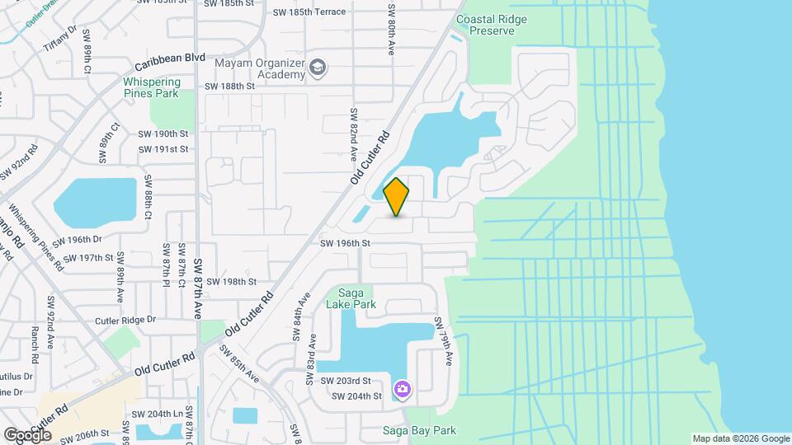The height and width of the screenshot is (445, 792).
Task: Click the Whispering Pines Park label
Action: pyautogui.click(x=151, y=87)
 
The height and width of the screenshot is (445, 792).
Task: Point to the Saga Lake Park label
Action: pyautogui.click(x=353, y=298)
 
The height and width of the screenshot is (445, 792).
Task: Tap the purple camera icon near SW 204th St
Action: pyautogui.click(x=403, y=388)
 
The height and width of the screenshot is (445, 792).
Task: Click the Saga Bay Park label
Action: pyautogui.click(x=419, y=430)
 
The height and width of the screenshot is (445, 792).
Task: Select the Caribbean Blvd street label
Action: pyautogui.click(x=170, y=59)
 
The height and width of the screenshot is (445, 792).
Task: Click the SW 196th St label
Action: pyautogui.click(x=346, y=244)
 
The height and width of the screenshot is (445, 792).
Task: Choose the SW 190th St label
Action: pyautogui.click(x=163, y=133)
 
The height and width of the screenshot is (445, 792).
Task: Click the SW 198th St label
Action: pyautogui.click(x=232, y=281)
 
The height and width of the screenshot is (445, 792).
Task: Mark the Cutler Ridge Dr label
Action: pyautogui.click(x=125, y=320)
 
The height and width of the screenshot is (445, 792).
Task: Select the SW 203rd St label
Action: pyautogui.click(x=346, y=381)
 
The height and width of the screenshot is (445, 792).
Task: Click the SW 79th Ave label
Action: pyautogui.click(x=443, y=339)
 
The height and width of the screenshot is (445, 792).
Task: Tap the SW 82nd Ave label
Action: pyautogui.click(x=353, y=133)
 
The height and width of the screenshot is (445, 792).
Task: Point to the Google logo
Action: pyautogui.click(x=27, y=434)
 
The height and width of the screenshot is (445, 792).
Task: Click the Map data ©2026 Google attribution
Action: pyautogui.click(x=740, y=438)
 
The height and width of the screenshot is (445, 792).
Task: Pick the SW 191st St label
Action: pyautogui.click(x=163, y=149)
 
